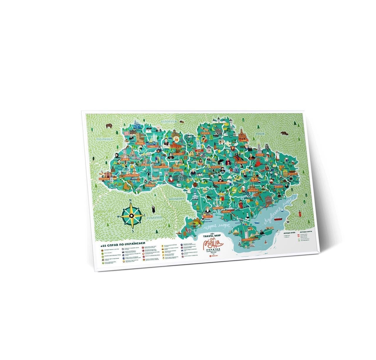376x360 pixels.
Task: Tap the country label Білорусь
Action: [x=169, y=121]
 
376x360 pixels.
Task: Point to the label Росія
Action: [x=260, y=134]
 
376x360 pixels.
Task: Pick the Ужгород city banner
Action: [x=104, y=179]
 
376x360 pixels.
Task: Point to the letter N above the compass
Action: [x=130, y=201]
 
